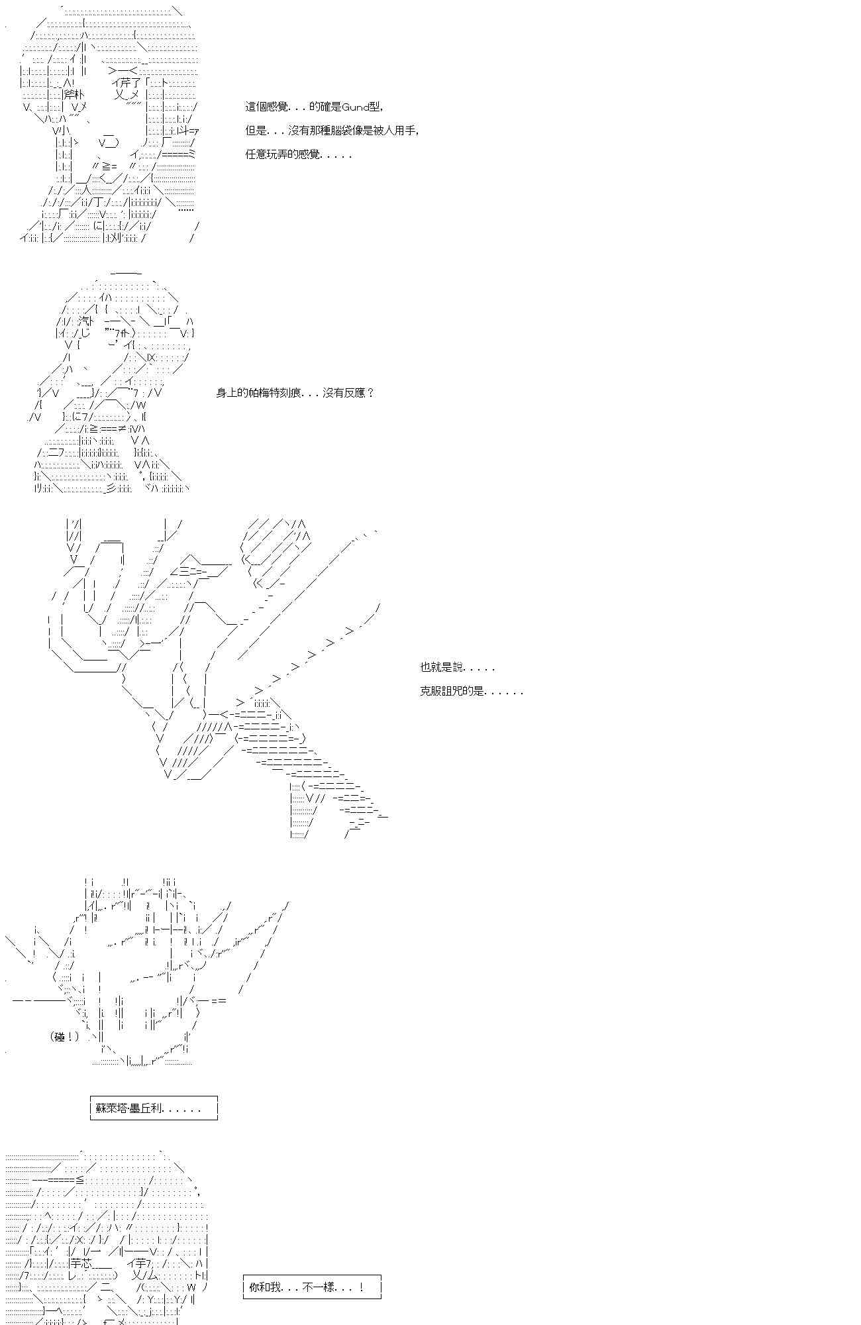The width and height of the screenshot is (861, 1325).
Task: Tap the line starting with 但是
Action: (332, 131)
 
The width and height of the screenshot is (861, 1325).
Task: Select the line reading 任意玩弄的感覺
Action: (299, 154)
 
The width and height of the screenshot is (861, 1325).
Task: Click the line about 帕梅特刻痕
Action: (295, 393)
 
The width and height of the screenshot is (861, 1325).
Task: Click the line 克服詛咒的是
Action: (472, 691)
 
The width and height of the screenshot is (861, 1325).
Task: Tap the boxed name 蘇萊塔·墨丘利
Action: (154, 1108)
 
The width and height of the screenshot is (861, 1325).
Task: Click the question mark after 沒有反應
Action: (370, 393)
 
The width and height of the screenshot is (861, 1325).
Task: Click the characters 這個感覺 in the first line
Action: (266, 107)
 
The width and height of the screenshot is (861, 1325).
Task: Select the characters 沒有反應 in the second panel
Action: (344, 393)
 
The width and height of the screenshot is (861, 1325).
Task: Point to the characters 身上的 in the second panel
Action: (232, 393)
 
